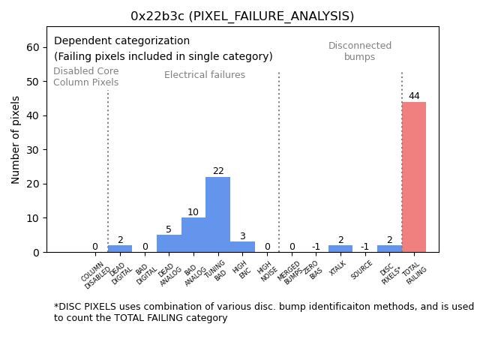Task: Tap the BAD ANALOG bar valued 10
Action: click(x=193, y=235)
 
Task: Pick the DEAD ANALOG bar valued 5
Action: click(x=169, y=244)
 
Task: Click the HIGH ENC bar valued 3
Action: click(x=242, y=247)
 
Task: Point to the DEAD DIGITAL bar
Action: click(x=120, y=249)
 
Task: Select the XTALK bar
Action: click(x=340, y=249)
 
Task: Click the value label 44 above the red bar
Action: click(x=414, y=96)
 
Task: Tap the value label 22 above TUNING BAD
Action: click(x=218, y=171)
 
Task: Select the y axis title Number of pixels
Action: click(x=16, y=139)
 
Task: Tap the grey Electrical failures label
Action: click(x=205, y=75)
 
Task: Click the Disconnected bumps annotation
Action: click(x=360, y=52)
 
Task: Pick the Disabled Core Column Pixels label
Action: click(x=85, y=76)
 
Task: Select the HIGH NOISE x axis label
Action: click(x=267, y=272)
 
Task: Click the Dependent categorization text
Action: click(x=121, y=41)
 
